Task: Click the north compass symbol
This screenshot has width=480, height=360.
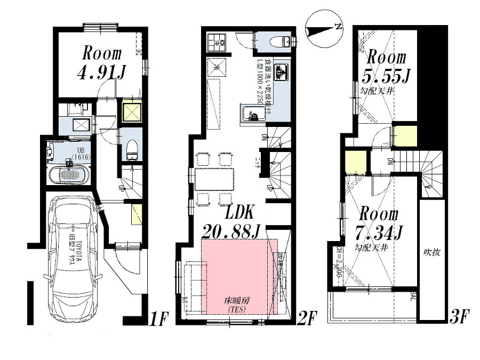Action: (323, 29)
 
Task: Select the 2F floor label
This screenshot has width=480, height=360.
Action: (308, 319)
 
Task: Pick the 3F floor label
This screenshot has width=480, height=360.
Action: (460, 319)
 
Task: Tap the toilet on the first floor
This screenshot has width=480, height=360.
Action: (131, 150)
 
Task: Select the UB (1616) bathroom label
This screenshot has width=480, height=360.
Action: (83, 155)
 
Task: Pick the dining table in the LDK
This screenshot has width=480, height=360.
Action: (214, 179)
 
